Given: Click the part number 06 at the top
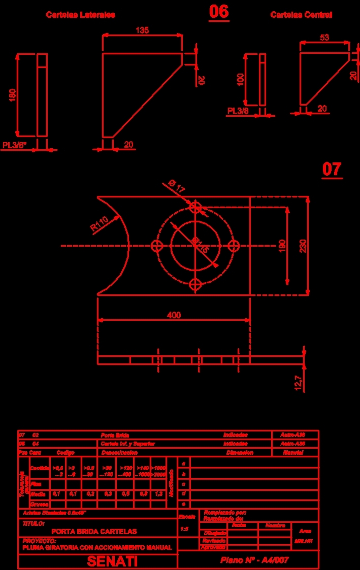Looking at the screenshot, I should [219, 12].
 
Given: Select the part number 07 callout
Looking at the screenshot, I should [332, 169].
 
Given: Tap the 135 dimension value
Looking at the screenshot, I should [142, 30].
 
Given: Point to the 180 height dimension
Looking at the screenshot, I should [13, 95].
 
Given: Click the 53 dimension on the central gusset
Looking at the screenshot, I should [325, 38].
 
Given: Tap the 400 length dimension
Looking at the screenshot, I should [174, 315].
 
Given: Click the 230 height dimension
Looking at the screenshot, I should [303, 246].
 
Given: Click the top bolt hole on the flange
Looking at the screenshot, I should [195, 208].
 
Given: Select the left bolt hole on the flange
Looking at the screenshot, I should [157, 246].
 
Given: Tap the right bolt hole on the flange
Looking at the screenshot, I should [234, 246].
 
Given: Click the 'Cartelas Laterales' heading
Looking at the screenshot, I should [81, 15].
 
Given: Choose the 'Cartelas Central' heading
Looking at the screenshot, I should [301, 15].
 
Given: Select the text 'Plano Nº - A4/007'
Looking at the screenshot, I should [254, 560].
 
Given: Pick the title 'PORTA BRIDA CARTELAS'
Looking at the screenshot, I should [94, 531].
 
